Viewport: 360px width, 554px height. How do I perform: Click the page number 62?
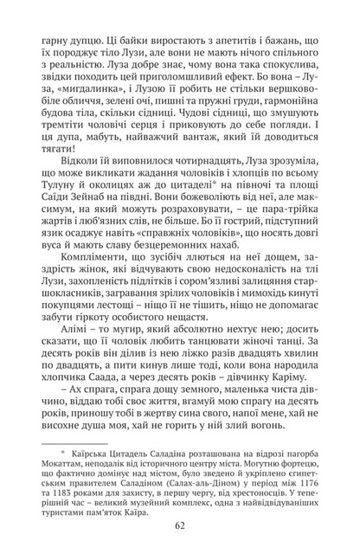point(180,521)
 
